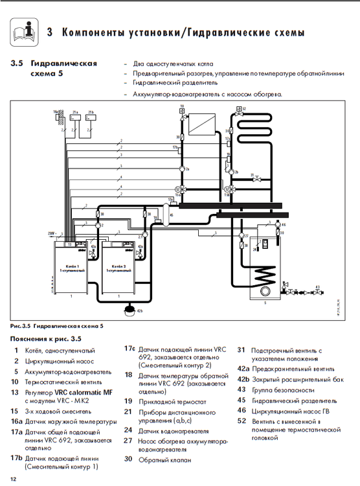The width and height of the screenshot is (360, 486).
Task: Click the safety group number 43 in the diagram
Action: click(317, 287)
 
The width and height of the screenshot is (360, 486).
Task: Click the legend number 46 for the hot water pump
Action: click(241, 410)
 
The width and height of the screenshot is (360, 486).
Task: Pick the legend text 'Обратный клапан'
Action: click(162, 459)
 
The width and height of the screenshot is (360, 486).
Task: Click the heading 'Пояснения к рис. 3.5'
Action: click(45, 338)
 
